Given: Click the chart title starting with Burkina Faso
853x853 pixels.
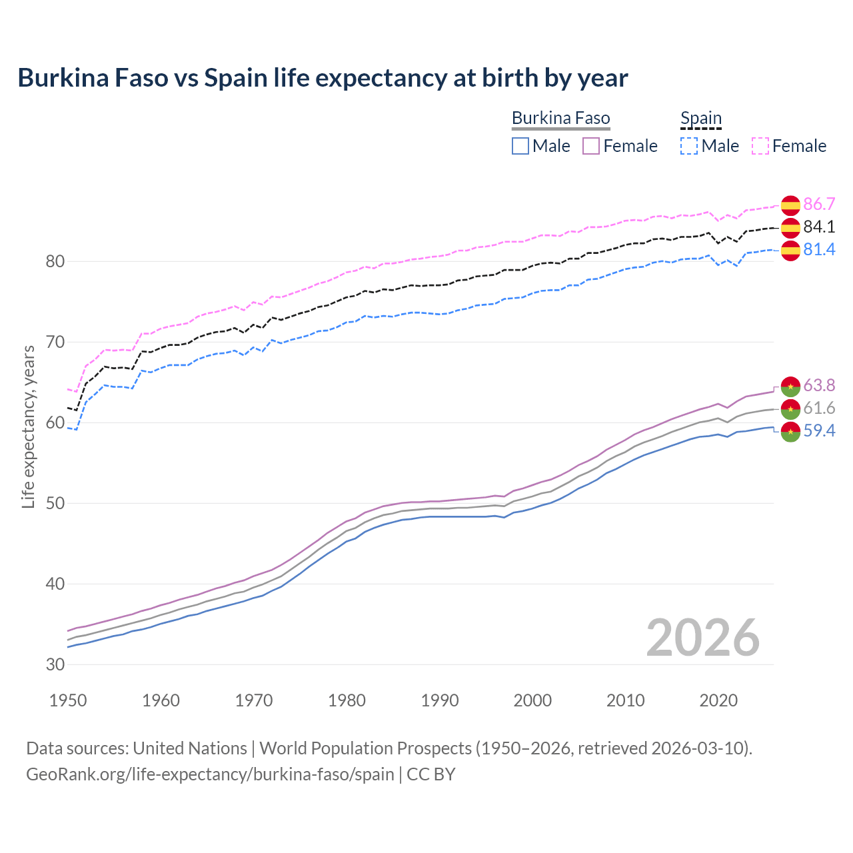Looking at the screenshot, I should pos(323,78).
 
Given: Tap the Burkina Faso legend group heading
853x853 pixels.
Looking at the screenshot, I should pos(560,119).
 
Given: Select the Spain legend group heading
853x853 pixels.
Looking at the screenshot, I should pos(700,119).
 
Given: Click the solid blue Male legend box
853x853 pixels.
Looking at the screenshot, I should pos(520,146).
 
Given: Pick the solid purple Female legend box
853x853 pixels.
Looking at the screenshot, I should pos(591,146).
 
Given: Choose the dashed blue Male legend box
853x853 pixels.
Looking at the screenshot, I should pos(689,146).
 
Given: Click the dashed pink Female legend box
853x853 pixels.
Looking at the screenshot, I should pos(760,146).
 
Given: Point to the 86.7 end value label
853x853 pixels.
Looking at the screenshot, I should pos(819,205).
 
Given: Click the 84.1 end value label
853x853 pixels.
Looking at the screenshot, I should pos(819,227).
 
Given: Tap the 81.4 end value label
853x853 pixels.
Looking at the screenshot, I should pos(819,250).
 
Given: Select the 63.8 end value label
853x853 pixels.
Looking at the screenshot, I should pos(819,386).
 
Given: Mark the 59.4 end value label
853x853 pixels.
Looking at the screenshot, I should pos(819,431).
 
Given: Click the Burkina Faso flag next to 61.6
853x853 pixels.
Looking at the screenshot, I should pos(790,409).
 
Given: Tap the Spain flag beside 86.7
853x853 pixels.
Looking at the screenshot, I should pos(790,205).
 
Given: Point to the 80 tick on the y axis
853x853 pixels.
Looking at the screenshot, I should pos(55,261).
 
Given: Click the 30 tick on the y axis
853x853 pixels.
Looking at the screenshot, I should pos(55,664).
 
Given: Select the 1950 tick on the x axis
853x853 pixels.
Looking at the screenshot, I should pos(68,700).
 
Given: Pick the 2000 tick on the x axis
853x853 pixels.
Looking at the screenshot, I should pos(532,700).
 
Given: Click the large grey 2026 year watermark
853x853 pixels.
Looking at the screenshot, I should pos(702,638).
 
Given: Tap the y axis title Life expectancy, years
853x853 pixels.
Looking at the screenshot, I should pos(29,426).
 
